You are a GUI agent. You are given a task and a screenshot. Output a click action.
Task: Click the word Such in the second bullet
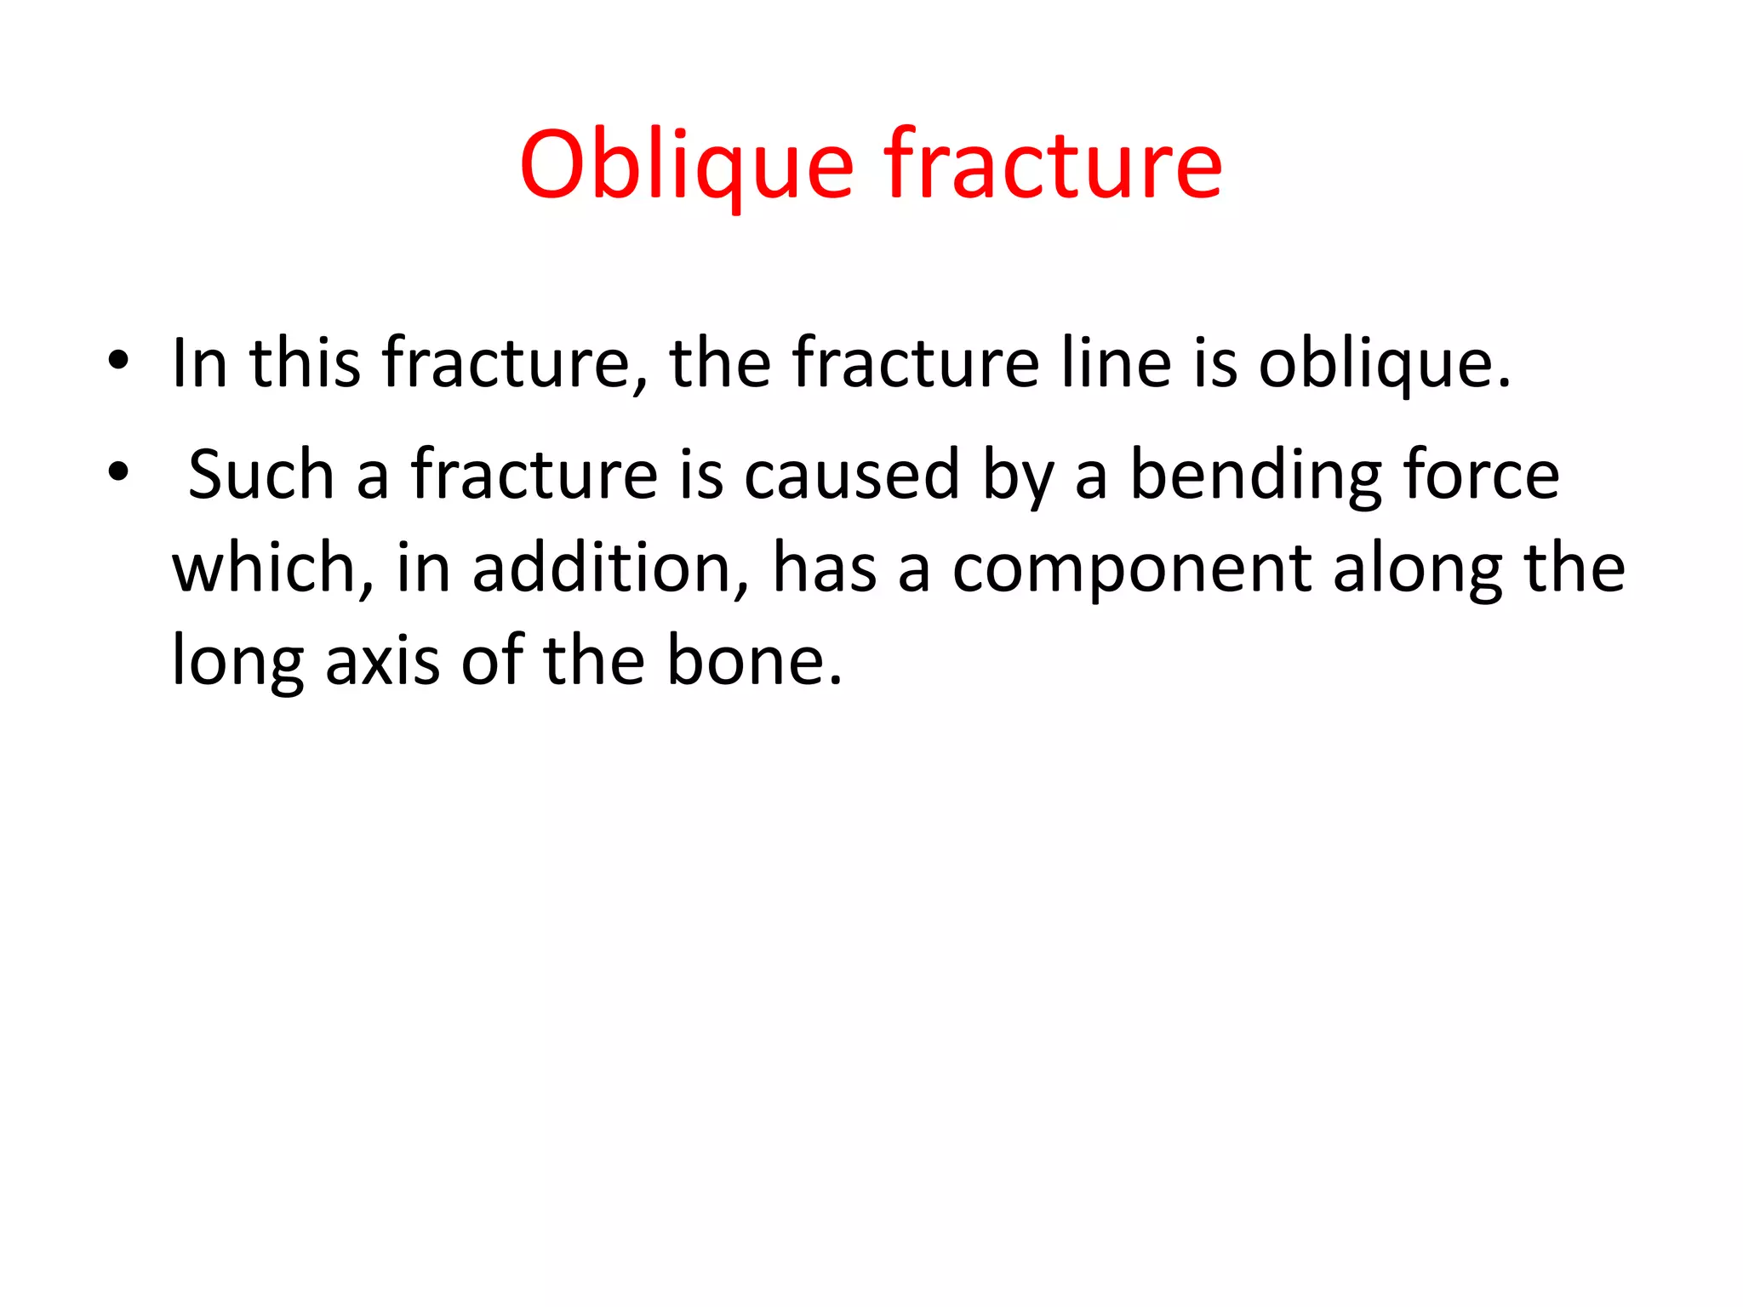coord(260,474)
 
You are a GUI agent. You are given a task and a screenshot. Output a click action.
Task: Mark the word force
coord(1481,474)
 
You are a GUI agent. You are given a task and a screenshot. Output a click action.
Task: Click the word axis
coord(383,661)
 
